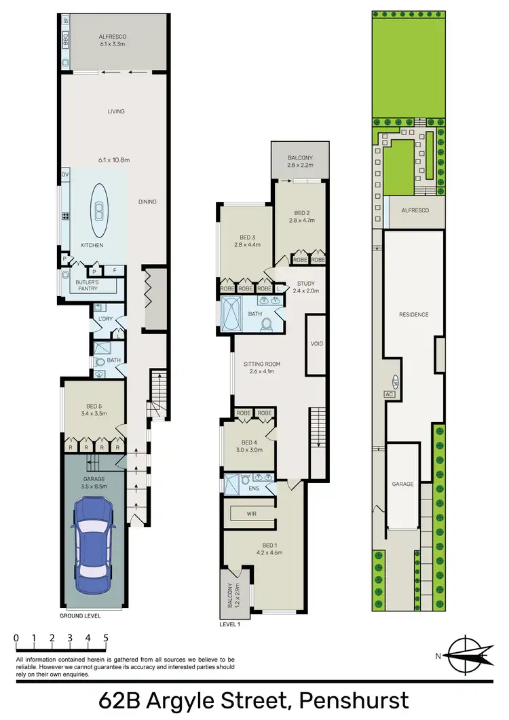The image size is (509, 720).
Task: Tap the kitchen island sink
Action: coord(100,212)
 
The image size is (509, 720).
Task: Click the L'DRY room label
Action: coord(105,318)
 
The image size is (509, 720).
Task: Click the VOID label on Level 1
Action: coord(317,344)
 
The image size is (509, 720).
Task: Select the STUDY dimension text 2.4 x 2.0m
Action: coord(305,291)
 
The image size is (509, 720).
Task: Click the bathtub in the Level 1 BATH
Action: coord(233,314)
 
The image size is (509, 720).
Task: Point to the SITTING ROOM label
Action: coord(261,364)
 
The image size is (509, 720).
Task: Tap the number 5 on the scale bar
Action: coord(106,638)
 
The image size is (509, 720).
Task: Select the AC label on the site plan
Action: coord(390,394)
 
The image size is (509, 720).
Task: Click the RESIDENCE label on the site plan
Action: coord(413,315)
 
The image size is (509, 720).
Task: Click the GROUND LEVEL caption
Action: coord(80,616)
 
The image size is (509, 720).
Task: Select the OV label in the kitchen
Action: coord(65,174)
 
